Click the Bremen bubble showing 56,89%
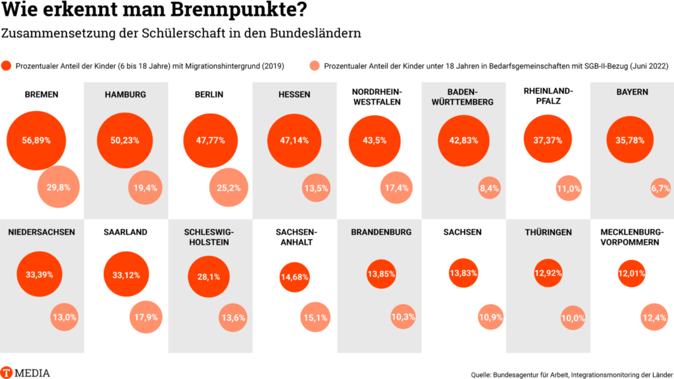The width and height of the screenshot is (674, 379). click(37, 140)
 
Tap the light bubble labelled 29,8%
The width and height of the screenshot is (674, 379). click(59, 188)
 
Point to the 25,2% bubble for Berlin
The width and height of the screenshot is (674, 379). click(228, 188)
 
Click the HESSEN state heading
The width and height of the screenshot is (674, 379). click(294, 95)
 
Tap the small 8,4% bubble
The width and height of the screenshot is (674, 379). click(490, 188)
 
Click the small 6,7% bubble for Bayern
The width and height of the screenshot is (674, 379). click(660, 188)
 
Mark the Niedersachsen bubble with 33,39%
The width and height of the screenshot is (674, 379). click(39, 274)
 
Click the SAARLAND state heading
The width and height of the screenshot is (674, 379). click(125, 232)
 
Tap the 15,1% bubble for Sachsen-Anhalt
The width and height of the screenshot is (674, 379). click(315, 318)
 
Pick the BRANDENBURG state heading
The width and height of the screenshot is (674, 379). click(381, 232)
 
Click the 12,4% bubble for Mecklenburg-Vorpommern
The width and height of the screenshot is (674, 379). click(654, 318)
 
